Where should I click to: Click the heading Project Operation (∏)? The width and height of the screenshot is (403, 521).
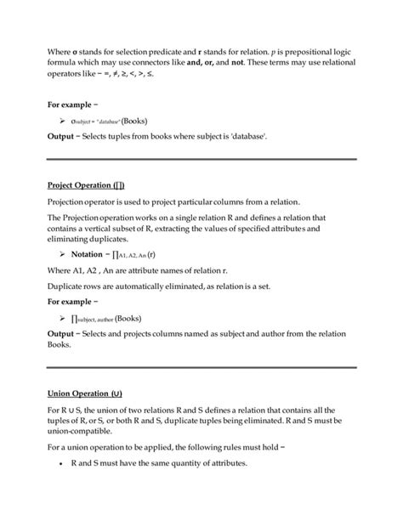pyautogui.click(x=88, y=184)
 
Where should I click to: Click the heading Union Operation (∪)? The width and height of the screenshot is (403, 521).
pyautogui.click(x=86, y=395)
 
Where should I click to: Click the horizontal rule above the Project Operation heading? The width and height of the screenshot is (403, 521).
pyautogui.click(x=201, y=159)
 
